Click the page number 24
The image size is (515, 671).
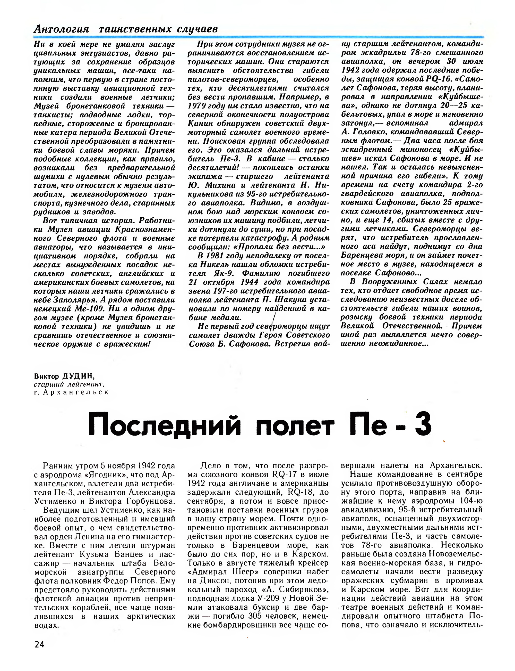pos(39,644)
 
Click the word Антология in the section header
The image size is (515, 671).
pos(61,29)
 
